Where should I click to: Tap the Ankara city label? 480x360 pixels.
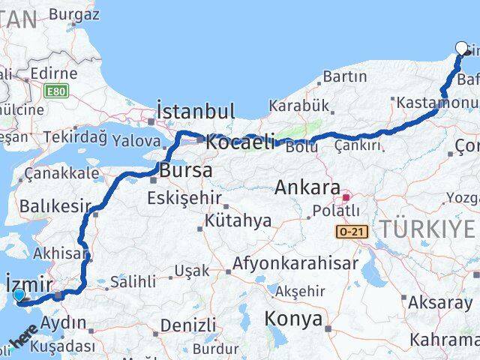click(307, 187)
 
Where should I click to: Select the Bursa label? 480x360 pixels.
click(186, 171)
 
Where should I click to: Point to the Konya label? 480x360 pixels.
click(292, 319)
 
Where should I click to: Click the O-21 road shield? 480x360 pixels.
click(352, 232)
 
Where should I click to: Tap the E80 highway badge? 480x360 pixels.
click(54, 91)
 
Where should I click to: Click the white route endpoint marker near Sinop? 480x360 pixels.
click(461, 48)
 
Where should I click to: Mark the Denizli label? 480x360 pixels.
click(188, 325)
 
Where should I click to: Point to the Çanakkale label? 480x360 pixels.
click(61, 173)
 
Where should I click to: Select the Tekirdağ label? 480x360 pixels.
click(76, 136)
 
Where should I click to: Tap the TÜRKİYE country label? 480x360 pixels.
click(427, 229)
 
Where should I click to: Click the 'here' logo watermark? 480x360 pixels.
click(25, 334)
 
